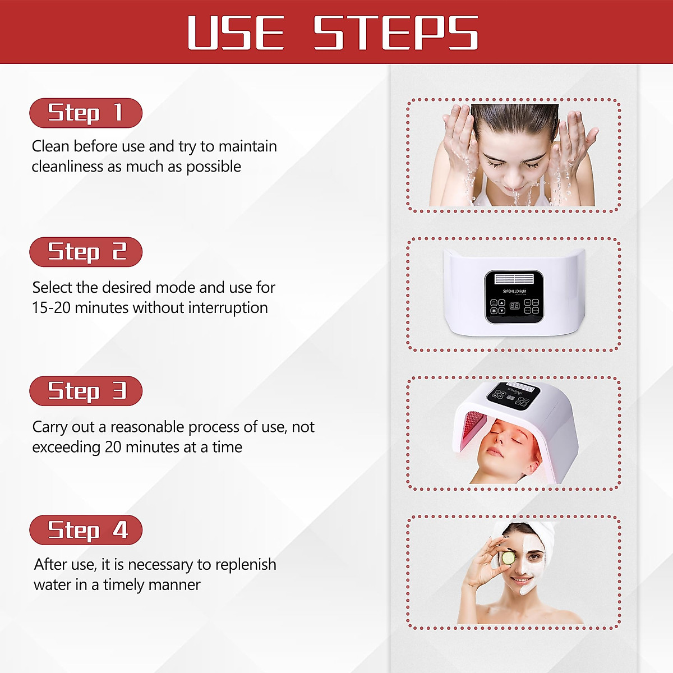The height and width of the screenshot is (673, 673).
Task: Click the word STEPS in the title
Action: click(395, 33)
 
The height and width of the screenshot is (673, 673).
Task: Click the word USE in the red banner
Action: click(236, 33)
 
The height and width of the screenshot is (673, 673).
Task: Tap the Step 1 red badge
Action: click(86, 113)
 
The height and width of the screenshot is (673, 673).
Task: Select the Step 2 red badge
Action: click(86, 252)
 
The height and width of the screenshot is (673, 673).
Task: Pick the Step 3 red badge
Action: click(86, 391)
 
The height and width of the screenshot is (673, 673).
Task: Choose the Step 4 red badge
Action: click(86, 530)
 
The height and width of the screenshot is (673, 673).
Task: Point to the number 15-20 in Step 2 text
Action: click(52, 308)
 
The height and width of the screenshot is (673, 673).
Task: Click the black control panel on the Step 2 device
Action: click(514, 297)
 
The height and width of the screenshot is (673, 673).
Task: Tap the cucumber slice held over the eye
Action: click(508, 559)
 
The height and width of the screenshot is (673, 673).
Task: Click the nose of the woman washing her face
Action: click(514, 178)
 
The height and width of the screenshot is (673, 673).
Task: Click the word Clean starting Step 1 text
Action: click(50, 146)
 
